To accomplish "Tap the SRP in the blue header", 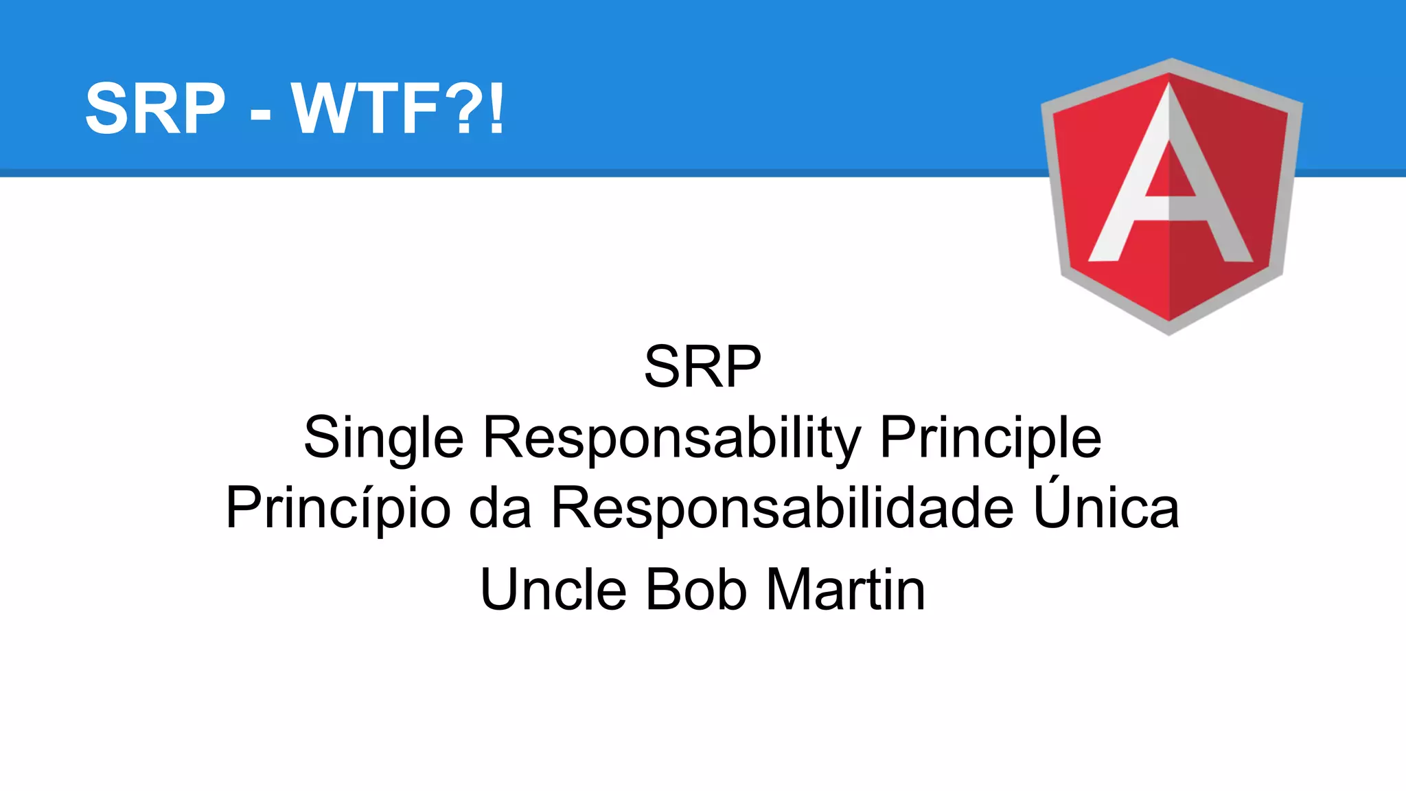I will click(155, 108).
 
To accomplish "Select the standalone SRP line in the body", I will click(702, 367).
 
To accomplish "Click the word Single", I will click(384, 439).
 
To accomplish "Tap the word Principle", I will click(991, 439).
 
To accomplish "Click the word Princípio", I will click(338, 509).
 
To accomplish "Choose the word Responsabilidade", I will click(783, 509).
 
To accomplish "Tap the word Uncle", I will click(553, 590).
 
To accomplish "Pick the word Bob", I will click(696, 590).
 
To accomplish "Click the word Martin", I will click(846, 590).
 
